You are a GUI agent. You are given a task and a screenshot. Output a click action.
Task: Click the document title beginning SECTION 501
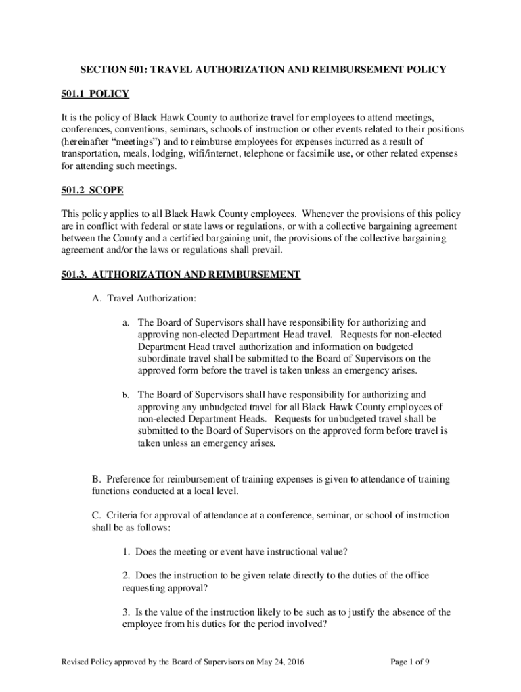pos(263,70)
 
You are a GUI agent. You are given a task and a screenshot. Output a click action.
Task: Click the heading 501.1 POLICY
pos(101,93)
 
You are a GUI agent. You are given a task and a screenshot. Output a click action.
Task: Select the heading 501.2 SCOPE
pos(101,191)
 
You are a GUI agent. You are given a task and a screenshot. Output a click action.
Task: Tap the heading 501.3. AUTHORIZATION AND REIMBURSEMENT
pos(190,274)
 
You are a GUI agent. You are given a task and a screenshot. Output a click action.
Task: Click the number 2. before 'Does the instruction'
pos(126,576)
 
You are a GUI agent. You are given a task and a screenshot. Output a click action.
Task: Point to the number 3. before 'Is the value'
pos(126,612)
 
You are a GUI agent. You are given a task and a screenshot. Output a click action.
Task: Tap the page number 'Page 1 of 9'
pos(410,662)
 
